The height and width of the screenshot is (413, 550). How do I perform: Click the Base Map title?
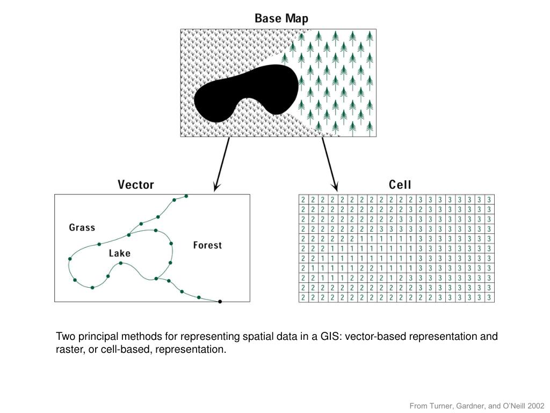[x=281, y=19]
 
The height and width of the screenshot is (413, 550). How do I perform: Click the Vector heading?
[x=136, y=185]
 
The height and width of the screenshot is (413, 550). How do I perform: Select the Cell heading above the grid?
[x=400, y=185]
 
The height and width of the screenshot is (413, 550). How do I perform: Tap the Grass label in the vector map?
[x=82, y=227]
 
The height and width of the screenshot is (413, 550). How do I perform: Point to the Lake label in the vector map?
[x=119, y=253]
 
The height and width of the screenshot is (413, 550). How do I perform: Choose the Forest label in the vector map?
[x=207, y=245]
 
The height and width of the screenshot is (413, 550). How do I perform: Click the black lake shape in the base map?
[x=244, y=91]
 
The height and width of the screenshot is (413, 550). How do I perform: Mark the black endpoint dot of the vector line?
[x=220, y=302]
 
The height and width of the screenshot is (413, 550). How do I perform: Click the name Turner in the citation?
[x=440, y=406]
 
